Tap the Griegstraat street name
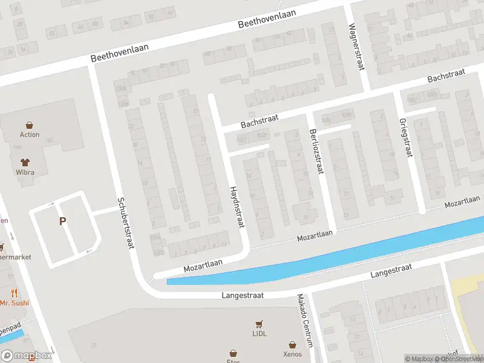pos(405,137)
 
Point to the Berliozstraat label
pos(316,152)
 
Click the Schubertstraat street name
pos(125,223)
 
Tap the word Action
pos(30,134)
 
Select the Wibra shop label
pos(25,172)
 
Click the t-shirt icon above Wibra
pos(25,162)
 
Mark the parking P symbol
pos(62,221)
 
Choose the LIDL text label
pos(260,333)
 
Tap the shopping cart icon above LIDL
pos(260,324)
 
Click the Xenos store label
pos(292,353)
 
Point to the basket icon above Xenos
pos(292,344)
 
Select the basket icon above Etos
pos(234,352)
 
